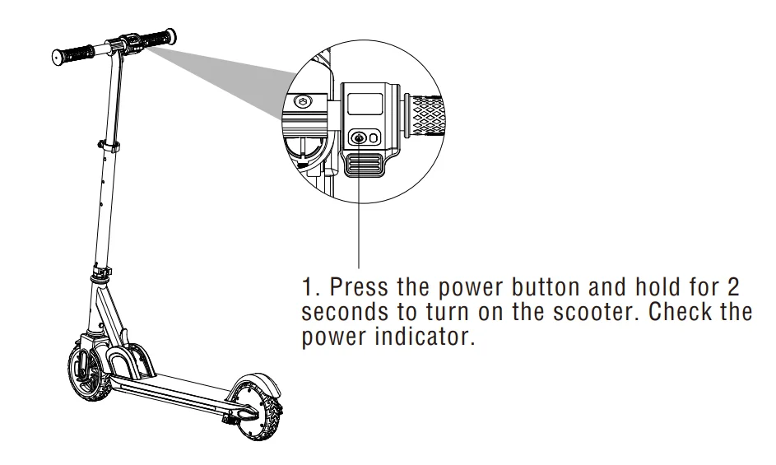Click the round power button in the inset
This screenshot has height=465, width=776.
coord(358,137)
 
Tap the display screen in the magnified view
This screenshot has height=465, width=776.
coord(365,105)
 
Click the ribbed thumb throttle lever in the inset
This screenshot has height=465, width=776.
coord(362,165)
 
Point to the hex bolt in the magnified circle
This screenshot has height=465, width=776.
coord(302,103)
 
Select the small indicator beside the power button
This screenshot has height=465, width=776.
coord(373,137)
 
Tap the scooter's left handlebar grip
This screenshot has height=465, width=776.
coord(72,54)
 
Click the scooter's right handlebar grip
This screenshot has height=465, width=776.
coord(158,39)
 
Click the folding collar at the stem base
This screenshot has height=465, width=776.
coord(101,273)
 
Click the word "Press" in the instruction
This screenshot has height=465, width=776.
coord(358,286)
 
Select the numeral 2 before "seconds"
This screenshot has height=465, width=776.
coord(733,286)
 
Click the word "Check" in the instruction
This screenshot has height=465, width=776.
coord(677,311)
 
